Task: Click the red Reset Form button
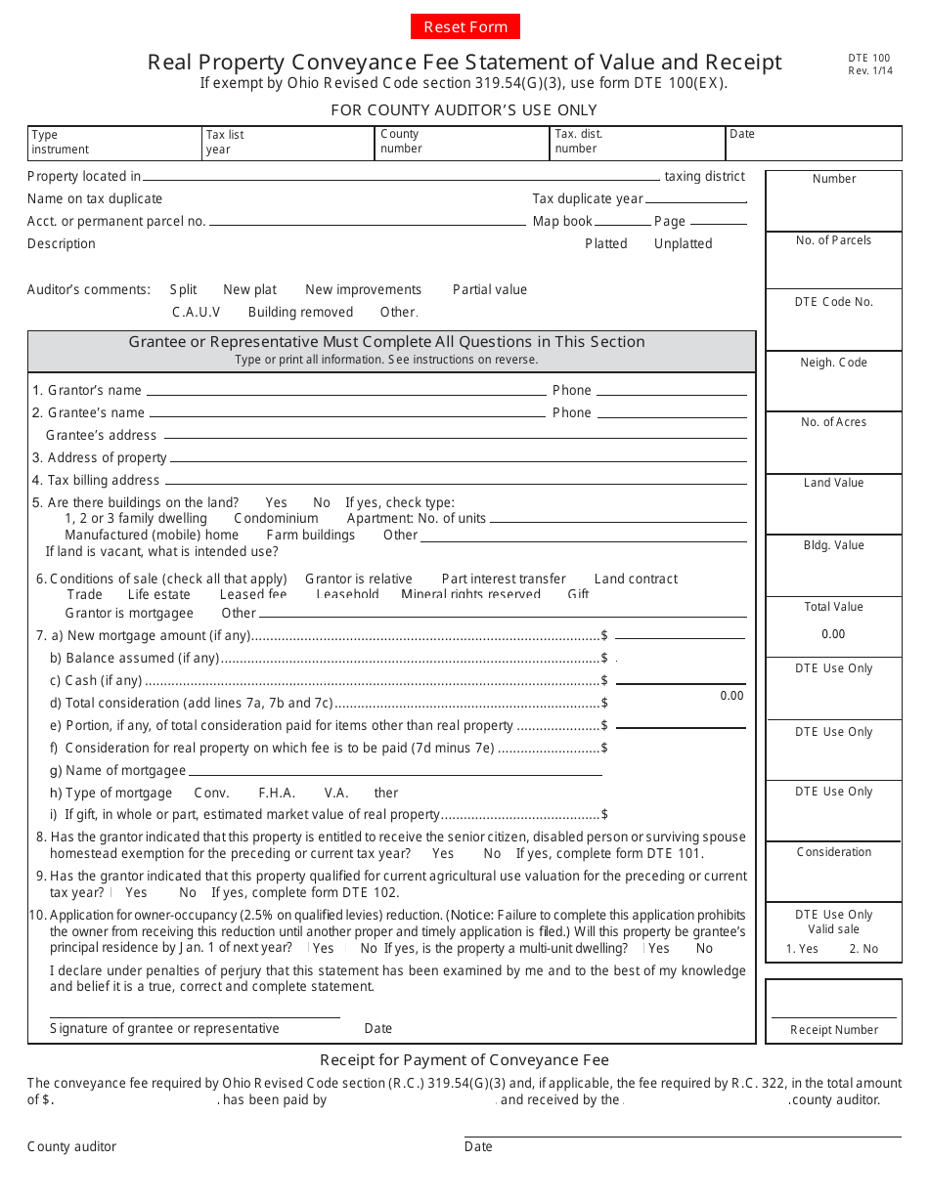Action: coord(465,26)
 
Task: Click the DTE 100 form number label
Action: coord(863,59)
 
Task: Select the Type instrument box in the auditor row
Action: coord(113,143)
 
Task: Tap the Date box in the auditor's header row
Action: coord(813,143)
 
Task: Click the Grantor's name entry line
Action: coord(345,391)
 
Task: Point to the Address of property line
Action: coord(458,458)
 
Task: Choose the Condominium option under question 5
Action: coord(276,518)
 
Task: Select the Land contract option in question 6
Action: coord(635,579)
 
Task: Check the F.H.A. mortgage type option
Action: coord(277,793)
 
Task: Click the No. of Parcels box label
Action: coord(833,240)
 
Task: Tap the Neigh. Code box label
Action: coord(833,363)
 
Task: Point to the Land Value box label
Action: coord(833,483)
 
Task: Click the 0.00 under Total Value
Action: coord(833,634)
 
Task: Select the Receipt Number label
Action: coord(833,1030)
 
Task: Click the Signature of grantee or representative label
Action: coord(164,1028)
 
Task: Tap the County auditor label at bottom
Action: coord(71,1146)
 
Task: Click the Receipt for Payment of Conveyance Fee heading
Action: coord(464,1060)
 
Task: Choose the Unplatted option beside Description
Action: coord(683,243)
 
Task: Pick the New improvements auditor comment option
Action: coord(363,289)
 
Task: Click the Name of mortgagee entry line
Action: coord(395,771)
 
